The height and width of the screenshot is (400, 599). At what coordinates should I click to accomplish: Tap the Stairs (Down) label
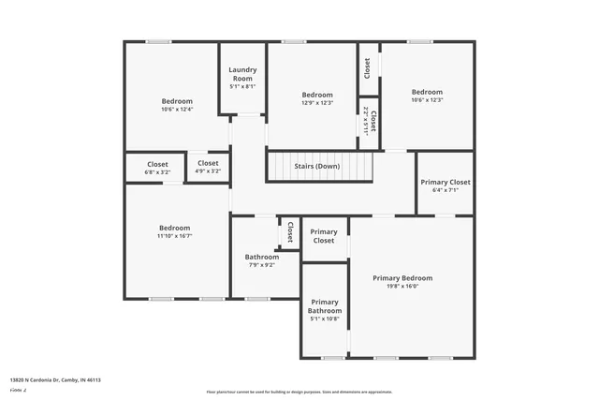(x=317, y=166)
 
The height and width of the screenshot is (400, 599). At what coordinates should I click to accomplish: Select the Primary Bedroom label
(x=402, y=277)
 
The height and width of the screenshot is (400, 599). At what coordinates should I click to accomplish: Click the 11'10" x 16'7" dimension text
(x=174, y=237)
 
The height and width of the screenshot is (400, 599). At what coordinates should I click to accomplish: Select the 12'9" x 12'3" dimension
(x=317, y=103)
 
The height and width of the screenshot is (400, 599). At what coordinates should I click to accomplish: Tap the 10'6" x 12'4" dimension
(x=176, y=110)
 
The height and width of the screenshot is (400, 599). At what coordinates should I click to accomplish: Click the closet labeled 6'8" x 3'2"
(x=157, y=171)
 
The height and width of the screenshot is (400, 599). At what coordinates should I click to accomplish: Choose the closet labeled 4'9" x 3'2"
(x=208, y=171)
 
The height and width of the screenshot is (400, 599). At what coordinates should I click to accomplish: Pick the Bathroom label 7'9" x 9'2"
(x=262, y=257)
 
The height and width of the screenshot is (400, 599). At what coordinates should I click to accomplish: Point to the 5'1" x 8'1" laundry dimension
(x=243, y=86)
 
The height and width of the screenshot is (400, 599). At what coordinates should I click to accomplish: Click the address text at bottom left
(x=55, y=380)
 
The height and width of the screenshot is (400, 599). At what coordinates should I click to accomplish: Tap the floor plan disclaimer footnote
(x=299, y=391)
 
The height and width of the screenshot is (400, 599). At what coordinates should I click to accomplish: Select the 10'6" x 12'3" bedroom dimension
(x=427, y=100)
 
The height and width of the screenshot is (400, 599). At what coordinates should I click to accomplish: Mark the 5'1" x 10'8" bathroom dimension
(x=324, y=318)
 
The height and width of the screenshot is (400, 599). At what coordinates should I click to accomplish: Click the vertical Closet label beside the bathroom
(x=290, y=232)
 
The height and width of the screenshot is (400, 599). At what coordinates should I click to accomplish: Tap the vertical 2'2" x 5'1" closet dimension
(x=365, y=121)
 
